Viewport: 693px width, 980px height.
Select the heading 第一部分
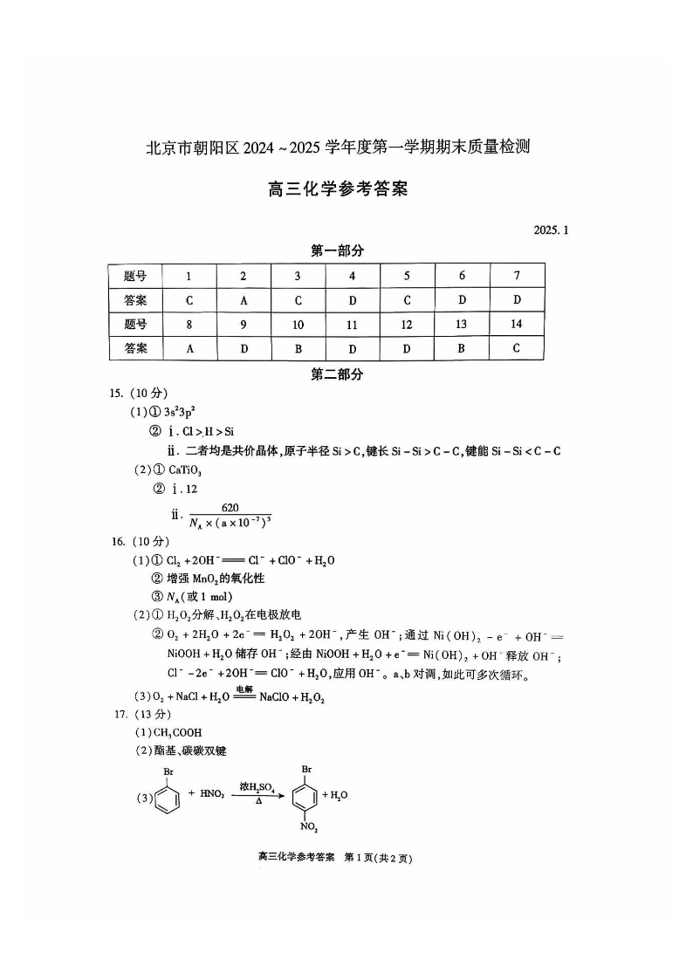[337, 251]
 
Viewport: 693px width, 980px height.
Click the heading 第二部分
[337, 374]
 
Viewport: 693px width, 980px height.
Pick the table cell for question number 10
[298, 325]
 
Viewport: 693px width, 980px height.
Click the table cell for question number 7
[517, 276]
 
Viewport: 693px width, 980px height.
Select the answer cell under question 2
[244, 300]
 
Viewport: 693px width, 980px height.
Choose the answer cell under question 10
[298, 348]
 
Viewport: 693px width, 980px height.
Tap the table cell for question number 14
[517, 325]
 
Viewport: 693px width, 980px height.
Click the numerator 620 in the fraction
[230, 508]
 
